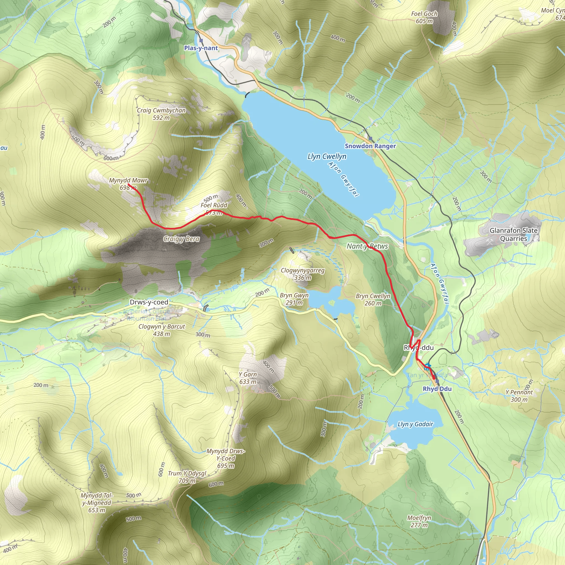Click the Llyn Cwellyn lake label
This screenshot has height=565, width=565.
click(x=327, y=156)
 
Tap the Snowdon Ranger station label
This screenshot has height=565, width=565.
click(x=370, y=146)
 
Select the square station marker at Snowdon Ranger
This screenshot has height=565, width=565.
click(x=371, y=138)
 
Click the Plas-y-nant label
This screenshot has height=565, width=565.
click(x=201, y=48)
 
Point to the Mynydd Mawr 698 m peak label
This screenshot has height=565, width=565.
click(x=128, y=184)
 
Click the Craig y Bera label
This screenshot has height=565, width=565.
click(x=181, y=239)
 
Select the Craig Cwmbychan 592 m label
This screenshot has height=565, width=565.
click(x=161, y=114)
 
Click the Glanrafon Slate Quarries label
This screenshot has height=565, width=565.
click(x=513, y=234)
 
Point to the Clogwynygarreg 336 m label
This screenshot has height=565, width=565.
click(x=302, y=274)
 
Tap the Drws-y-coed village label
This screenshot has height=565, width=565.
click(x=149, y=302)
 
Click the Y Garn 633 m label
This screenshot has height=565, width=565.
click(x=248, y=378)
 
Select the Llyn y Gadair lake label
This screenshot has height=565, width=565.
click(x=415, y=424)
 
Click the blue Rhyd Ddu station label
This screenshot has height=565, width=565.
click(x=437, y=389)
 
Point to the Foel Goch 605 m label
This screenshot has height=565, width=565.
click(x=424, y=17)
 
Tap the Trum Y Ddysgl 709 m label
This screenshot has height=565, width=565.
click(x=187, y=477)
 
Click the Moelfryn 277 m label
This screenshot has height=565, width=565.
click(x=419, y=521)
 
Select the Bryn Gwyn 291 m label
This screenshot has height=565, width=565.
click(x=294, y=299)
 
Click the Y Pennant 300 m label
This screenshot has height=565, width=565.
click(x=519, y=396)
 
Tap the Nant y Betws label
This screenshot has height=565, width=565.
click(x=367, y=246)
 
